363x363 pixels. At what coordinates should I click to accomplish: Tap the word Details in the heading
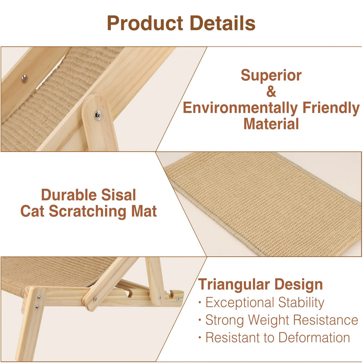click(222, 23)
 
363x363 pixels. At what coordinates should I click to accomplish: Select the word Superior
click(271, 76)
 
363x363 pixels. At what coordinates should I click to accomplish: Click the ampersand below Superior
click(271, 92)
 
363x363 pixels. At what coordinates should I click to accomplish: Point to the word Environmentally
click(240, 108)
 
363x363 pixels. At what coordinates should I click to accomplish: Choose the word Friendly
click(331, 108)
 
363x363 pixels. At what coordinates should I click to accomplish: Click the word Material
click(271, 124)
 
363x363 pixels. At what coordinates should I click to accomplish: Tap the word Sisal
click(118, 195)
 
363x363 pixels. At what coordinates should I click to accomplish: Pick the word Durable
click(68, 195)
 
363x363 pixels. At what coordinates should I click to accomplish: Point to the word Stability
click(301, 303)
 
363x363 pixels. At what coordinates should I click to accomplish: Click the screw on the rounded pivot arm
click(98, 115)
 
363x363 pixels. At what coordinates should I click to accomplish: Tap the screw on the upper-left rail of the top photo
click(24, 79)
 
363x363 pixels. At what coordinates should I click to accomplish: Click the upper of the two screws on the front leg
click(38, 298)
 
